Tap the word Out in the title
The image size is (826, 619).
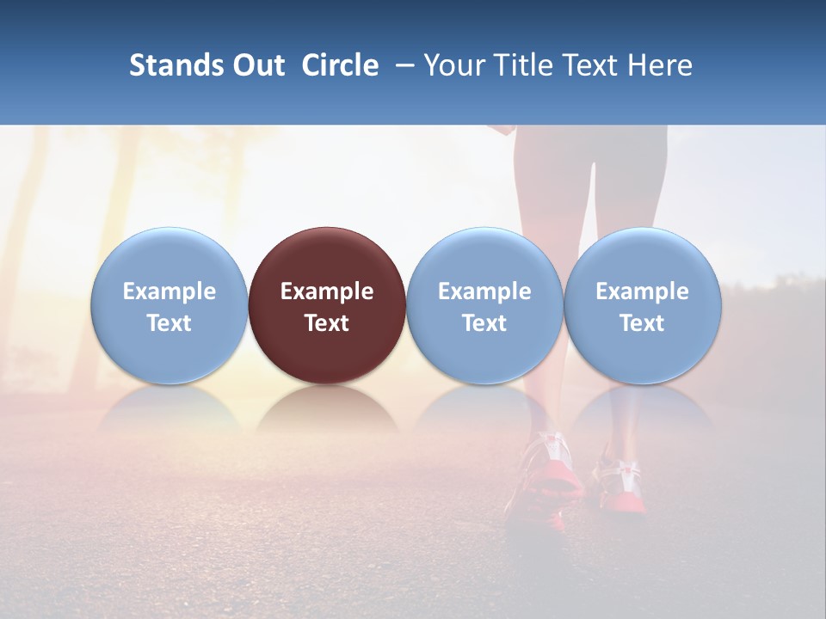point(257,65)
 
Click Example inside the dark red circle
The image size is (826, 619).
point(327,291)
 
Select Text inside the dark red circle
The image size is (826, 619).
point(327,323)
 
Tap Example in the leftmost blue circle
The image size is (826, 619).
point(170,291)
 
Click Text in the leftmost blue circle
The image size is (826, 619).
point(170,323)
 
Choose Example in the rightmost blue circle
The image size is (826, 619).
point(642,291)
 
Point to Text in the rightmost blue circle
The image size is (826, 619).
point(642,323)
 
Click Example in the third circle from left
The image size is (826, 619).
point(484,291)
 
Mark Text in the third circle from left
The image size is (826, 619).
point(484,323)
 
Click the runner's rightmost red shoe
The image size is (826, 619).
point(625,486)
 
